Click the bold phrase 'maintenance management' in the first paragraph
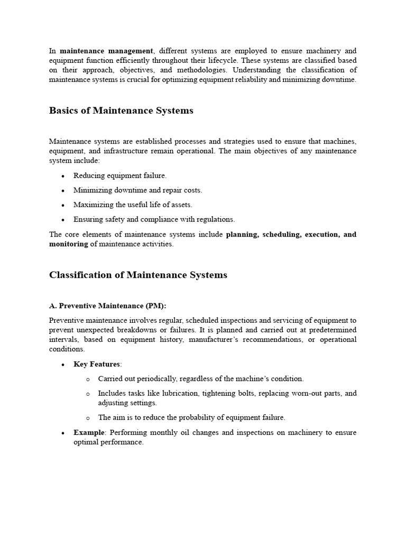[106, 51]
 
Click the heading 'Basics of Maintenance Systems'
[121, 110]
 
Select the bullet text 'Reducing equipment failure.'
[120, 175]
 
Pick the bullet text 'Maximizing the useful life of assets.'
[133, 204]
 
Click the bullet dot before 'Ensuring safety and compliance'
[63, 219]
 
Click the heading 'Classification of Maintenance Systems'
[138, 275]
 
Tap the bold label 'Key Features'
[97, 364]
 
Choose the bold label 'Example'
[89, 432]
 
